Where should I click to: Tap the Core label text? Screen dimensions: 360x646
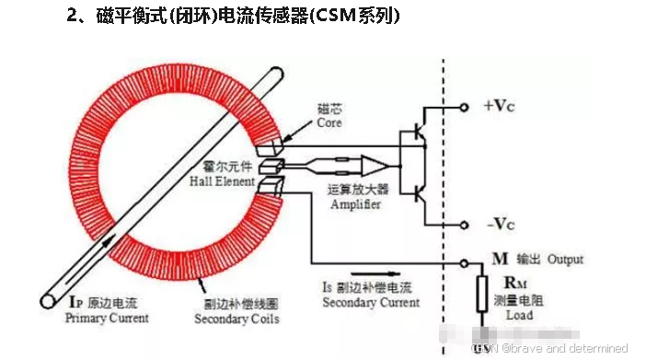point(329,122)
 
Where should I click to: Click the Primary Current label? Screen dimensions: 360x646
point(107,319)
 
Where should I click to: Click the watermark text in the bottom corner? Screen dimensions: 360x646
point(551,349)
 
